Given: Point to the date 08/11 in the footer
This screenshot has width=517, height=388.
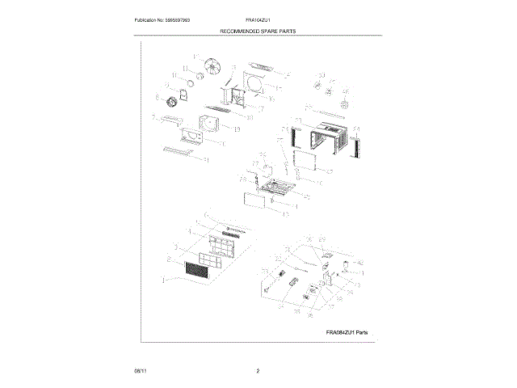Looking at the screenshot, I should point(139,370).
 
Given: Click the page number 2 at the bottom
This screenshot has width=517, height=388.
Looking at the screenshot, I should point(257,370).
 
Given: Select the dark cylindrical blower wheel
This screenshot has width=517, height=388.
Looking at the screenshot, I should point(171,104).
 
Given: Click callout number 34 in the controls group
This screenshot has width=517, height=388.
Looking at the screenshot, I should point(280,307).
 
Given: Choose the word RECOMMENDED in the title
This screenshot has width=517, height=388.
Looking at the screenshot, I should point(237,31).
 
